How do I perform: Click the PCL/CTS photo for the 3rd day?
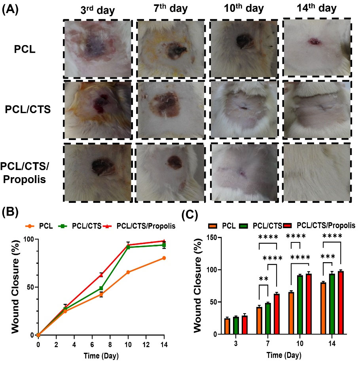pos(98,110)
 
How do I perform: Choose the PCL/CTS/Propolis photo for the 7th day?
pos(171,172)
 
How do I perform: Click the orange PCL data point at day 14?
pos(164,258)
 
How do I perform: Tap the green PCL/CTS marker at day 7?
pos(101,288)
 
